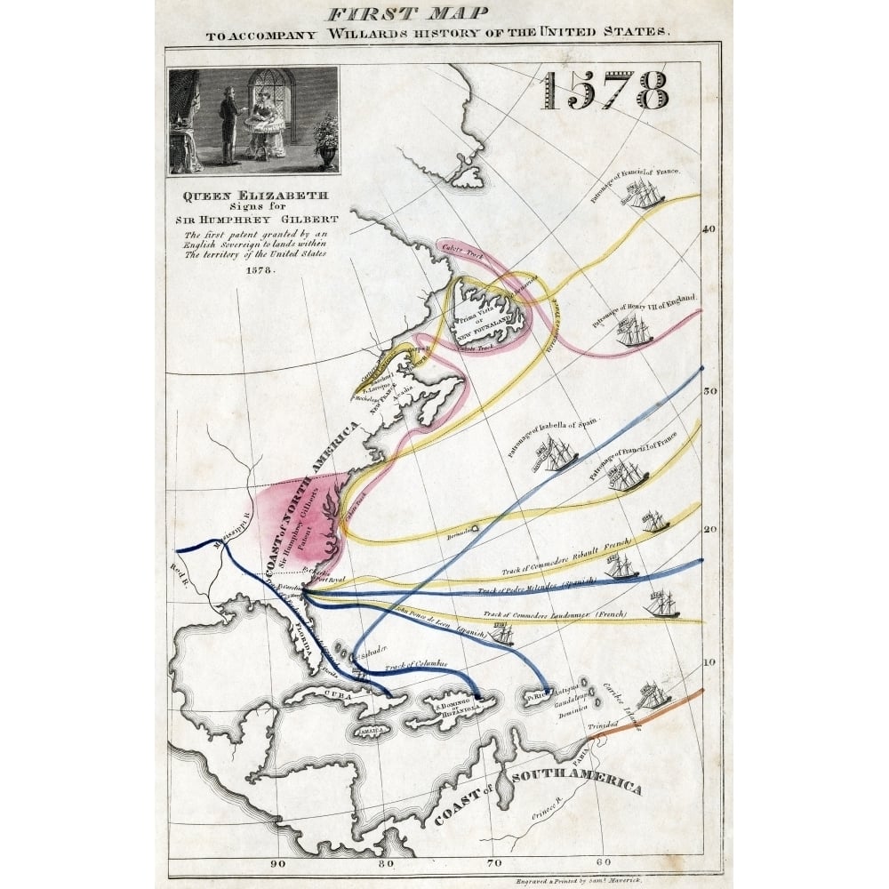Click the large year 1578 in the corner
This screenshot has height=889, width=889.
pyautogui.click(x=605, y=90)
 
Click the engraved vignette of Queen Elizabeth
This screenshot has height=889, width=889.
pyautogui.click(x=253, y=120)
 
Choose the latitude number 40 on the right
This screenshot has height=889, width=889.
pyautogui.click(x=709, y=228)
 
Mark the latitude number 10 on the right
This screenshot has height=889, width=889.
pyautogui.click(x=709, y=662)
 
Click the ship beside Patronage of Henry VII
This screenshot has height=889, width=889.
pyautogui.click(x=634, y=332)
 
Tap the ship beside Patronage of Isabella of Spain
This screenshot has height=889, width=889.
pyautogui.click(x=557, y=455)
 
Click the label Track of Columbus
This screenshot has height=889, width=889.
pyautogui.click(x=415, y=666)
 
